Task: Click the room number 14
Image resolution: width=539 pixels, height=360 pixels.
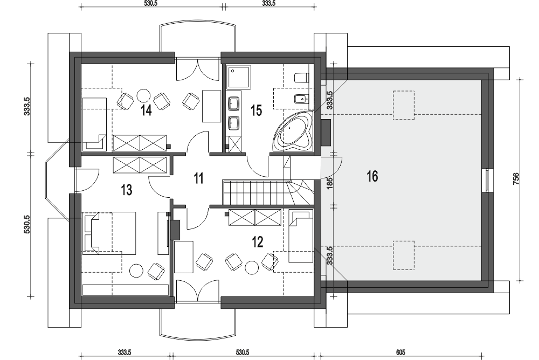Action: (146, 110)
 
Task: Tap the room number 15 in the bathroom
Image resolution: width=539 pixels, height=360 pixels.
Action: (256, 110)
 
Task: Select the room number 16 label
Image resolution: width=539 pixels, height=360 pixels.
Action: (372, 176)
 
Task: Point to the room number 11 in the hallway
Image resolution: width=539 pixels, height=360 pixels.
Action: (199, 178)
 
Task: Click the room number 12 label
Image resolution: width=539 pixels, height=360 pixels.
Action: (258, 242)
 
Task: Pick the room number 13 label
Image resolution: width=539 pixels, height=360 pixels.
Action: (127, 190)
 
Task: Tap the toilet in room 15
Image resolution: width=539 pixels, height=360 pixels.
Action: (301, 78)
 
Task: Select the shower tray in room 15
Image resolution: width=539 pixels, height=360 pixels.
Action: (239, 77)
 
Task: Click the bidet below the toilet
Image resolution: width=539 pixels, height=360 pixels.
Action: (302, 100)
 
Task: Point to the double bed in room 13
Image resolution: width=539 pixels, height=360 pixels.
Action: (109, 233)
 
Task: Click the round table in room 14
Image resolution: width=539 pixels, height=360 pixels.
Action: (143, 95)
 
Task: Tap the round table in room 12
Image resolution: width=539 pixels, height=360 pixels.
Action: (252, 268)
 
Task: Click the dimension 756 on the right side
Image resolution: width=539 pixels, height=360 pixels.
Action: (516, 179)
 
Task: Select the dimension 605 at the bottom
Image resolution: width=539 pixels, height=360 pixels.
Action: (400, 352)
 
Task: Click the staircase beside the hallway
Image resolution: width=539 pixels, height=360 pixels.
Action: (268, 192)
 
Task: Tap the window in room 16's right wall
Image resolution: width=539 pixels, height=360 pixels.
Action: (488, 179)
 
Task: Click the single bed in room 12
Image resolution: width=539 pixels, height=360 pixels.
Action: (301, 236)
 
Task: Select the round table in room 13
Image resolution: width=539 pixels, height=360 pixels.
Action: (136, 271)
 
